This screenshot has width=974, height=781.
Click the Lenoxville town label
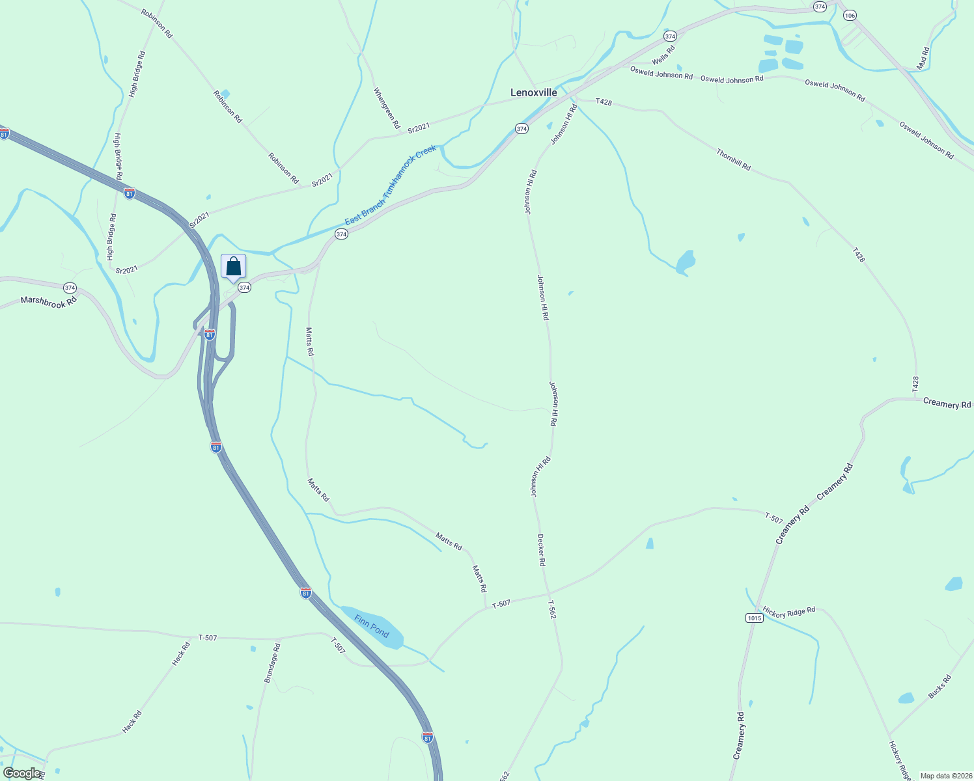click(533, 92)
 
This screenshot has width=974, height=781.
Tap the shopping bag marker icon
click(234, 267)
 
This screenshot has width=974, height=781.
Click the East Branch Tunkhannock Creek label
click(391, 185)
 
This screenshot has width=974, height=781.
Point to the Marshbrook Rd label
click(49, 301)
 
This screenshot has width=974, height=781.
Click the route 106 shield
click(850, 16)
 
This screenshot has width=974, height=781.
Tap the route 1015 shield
click(754, 618)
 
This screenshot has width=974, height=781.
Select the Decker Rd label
click(541, 550)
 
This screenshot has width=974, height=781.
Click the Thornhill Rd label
click(733, 159)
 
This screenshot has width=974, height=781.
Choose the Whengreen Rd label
click(386, 108)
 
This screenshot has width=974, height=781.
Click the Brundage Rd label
click(272, 663)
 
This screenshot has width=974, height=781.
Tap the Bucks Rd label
click(939, 687)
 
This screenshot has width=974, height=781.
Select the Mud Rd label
click(923, 59)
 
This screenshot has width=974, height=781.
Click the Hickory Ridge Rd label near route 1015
click(789, 612)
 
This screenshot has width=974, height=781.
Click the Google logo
click(21, 773)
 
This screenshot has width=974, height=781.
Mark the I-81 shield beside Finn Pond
click(305, 593)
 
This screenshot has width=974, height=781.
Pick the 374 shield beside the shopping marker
click(244, 287)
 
